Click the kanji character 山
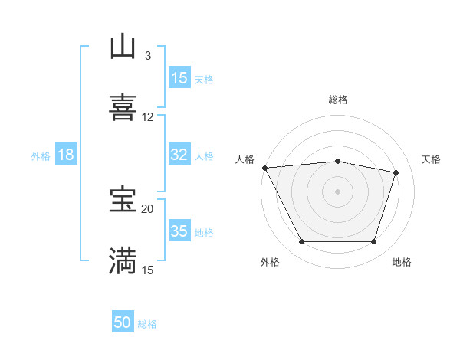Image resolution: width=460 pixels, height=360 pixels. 123,47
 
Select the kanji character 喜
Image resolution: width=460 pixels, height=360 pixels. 123,106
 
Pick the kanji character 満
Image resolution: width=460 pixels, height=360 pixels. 123,260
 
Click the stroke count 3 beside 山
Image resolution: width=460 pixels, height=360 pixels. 148,56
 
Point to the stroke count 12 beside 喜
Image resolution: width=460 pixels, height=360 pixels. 148,117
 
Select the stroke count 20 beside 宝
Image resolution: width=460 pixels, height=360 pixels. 148,208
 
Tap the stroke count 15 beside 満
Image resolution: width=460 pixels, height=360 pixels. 148,270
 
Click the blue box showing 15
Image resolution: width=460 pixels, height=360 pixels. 179,78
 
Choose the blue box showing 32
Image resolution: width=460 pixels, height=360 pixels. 179,155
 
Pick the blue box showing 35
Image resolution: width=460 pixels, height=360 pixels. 179,231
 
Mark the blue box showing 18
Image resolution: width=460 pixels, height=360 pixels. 66,155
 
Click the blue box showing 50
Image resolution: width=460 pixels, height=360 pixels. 123,322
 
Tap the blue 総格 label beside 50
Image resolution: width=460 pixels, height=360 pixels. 147,324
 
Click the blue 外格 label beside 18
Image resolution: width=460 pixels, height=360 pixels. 41,156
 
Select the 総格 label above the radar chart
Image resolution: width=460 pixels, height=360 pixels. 337,100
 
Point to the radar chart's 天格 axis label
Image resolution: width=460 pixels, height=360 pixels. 432,159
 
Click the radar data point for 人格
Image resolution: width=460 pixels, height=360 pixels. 264,168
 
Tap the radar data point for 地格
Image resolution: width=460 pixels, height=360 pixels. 374,242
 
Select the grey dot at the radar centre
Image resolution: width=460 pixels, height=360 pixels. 337,191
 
